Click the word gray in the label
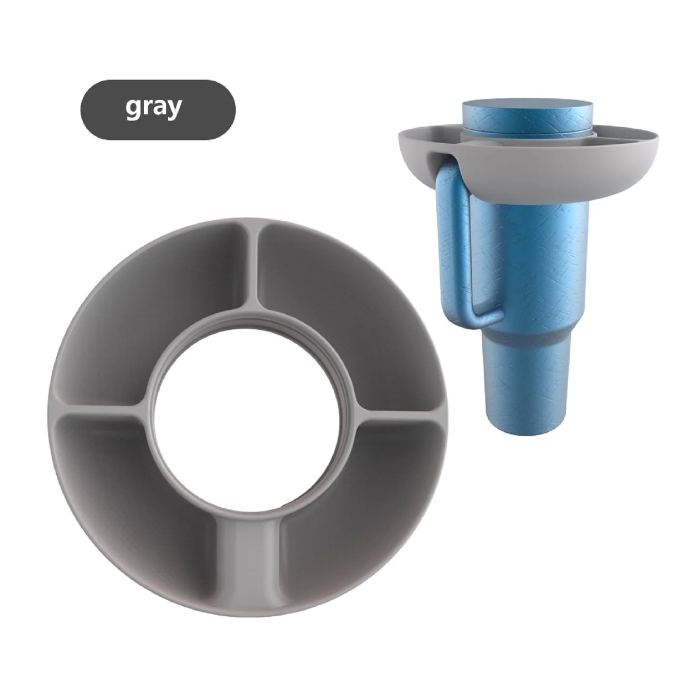[x=153, y=108]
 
